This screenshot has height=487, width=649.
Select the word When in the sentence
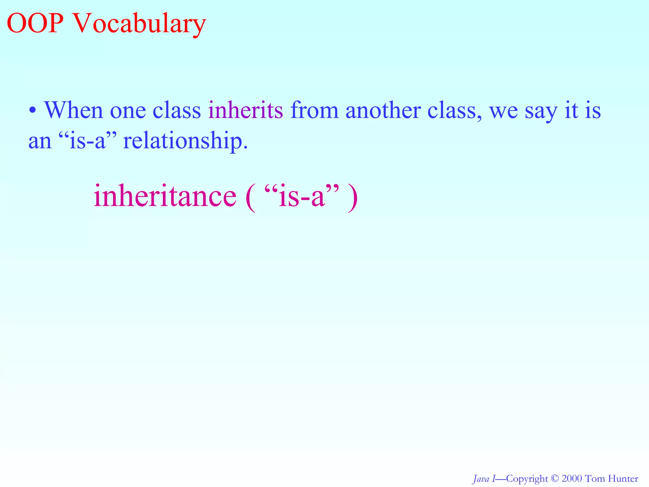(73, 110)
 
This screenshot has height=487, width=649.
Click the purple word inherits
(245, 110)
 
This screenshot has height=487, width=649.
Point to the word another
(382, 110)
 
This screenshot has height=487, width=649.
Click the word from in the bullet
(314, 110)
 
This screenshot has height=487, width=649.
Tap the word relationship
(185, 141)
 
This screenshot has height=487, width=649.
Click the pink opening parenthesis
(250, 197)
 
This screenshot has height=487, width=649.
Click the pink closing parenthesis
(352, 197)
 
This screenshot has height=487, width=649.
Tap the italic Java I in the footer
(484, 478)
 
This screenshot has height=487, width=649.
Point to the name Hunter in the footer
(622, 478)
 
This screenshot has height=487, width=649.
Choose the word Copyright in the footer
(527, 479)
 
